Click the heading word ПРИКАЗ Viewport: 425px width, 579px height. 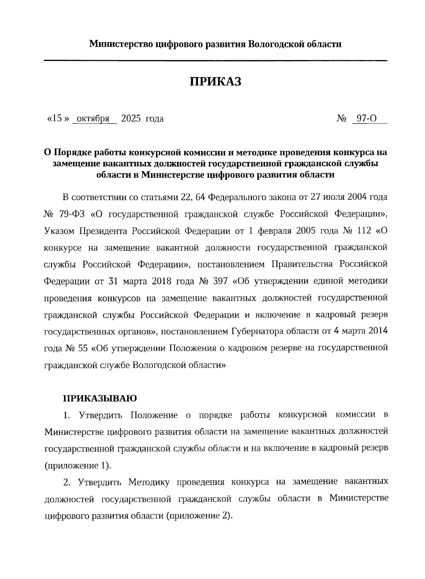coord(215,82)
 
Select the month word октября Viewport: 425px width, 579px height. coord(92,119)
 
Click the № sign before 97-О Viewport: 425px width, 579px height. coord(341,119)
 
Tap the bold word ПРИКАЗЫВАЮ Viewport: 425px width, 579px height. coord(100,398)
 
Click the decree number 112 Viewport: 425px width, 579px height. coord(362,231)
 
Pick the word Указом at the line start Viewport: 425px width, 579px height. coord(59,231)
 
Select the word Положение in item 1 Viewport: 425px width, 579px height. coord(154,415)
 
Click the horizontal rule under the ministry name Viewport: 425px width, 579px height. coord(215,61)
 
